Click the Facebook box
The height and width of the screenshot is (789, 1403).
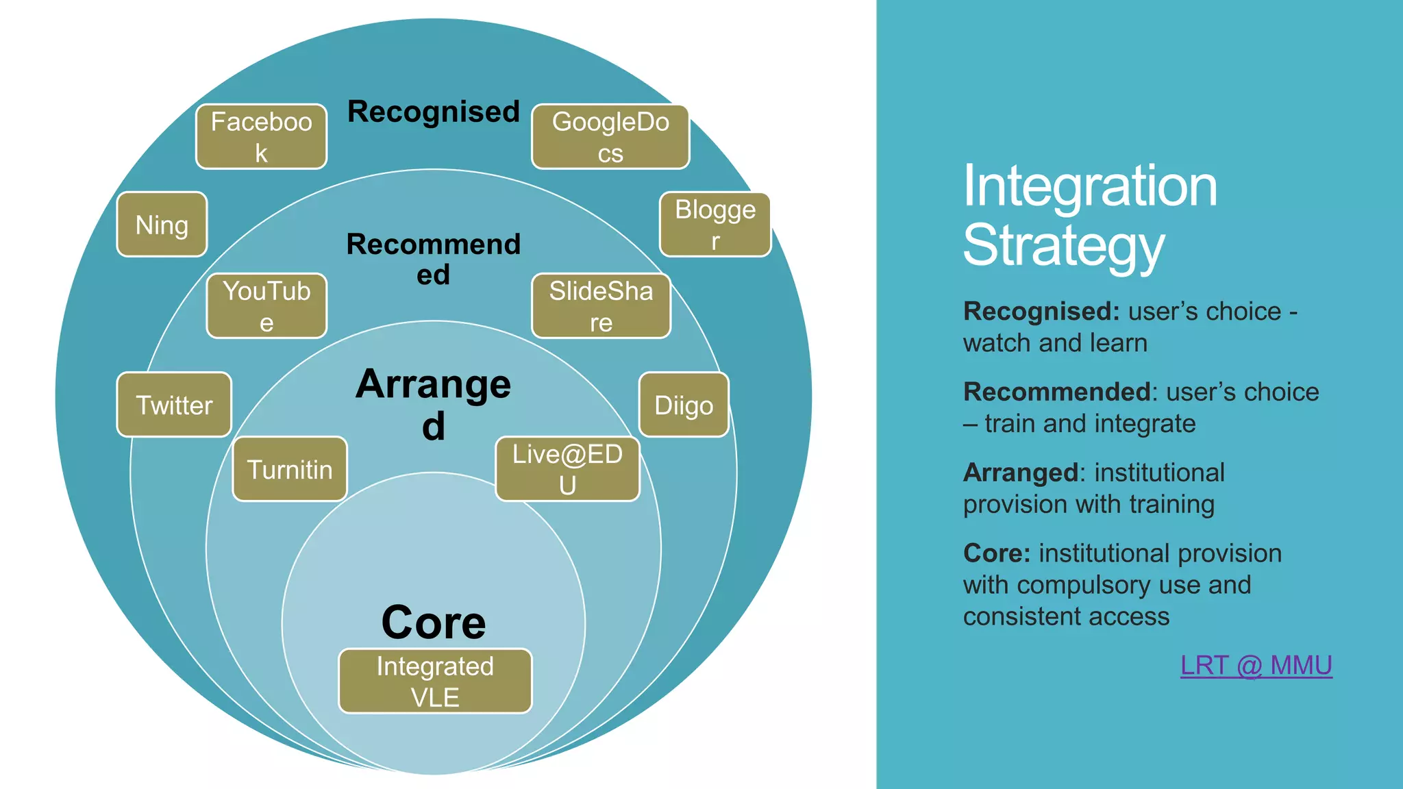point(261,137)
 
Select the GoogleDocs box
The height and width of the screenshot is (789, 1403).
point(610,137)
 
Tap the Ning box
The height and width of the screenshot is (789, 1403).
point(162,225)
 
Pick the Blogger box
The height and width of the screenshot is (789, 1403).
point(715,225)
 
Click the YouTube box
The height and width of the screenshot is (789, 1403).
point(266,306)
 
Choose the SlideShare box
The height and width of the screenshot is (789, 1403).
point(601,306)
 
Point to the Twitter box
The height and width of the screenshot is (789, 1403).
point(174,405)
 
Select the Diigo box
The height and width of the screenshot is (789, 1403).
point(684,405)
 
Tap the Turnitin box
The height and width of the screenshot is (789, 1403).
point(290,470)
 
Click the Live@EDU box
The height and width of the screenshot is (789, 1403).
point(567,470)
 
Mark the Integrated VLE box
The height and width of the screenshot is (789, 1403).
point(435,681)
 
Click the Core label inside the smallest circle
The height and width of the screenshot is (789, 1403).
point(434,623)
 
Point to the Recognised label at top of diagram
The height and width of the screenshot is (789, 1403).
point(434,112)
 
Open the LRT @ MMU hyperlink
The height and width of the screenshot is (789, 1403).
point(1256,666)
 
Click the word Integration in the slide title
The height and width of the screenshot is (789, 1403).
point(1090,186)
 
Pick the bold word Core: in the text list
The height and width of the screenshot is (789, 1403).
point(996,553)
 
